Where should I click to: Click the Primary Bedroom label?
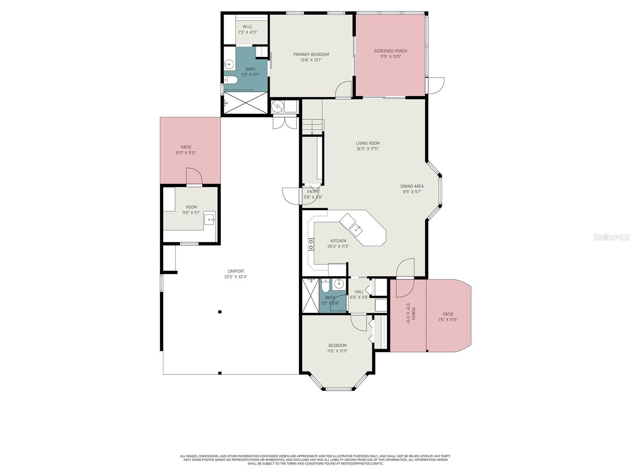point(311,55)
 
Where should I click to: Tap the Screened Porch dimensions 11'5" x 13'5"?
point(390,56)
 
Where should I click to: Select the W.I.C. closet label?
point(247,27)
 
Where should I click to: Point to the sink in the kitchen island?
point(357,228)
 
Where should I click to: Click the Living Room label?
point(368,143)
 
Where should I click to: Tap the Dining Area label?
point(412,186)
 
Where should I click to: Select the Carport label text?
point(236,271)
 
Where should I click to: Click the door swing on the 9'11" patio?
point(194,177)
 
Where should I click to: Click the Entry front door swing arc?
point(291,196)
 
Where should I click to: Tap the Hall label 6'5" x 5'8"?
point(359,292)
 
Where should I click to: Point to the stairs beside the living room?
point(312,127)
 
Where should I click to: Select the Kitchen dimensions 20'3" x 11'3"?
point(338,246)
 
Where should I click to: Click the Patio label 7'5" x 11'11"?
point(448,314)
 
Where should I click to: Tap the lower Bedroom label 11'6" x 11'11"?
point(337,346)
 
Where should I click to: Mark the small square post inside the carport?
point(220,312)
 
